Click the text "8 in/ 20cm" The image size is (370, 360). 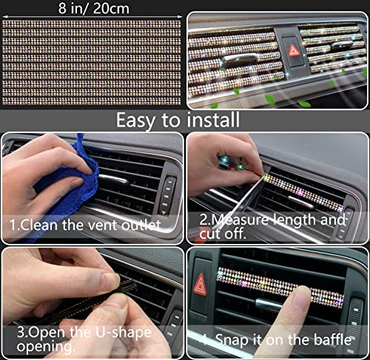(94, 8)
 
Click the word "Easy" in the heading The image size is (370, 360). (136, 120)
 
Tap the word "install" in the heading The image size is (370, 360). (213, 120)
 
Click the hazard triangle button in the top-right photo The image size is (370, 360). (294, 51)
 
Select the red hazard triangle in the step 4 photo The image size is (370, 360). (200, 285)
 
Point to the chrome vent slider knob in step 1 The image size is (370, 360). (113, 180)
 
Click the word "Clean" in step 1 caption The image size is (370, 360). (40, 225)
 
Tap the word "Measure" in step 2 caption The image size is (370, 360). (240, 220)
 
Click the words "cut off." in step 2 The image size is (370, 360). (223, 234)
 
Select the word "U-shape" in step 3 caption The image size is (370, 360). (124, 333)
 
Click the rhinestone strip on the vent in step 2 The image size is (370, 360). (303, 192)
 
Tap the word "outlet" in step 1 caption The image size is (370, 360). (141, 225)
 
